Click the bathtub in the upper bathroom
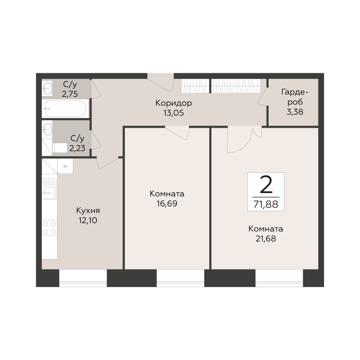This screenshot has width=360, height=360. coord(65,108)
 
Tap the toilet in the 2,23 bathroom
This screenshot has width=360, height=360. coord(60,148)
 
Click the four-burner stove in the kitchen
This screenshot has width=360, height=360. coord(49,228)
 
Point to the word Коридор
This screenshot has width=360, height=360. coord(174,103)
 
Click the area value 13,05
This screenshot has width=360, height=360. coord(174,113)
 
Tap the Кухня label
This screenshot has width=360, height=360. coord(88,210)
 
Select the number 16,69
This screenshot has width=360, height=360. coord(167,203)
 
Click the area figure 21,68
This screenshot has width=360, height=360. coord(265,239)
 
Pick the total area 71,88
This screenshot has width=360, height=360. coord(266,204)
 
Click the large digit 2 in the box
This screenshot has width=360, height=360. coord(266,184)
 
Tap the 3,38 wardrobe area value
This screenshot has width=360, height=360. coord(295,112)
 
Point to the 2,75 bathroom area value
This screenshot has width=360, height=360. coord(70,94)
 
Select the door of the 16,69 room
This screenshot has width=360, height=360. coord(177,133)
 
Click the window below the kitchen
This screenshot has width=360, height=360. coord(83,278)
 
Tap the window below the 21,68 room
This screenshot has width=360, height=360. coord(279,278)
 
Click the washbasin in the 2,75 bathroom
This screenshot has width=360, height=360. coord(47,87)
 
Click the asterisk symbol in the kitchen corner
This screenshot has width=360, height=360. coord(65,166)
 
